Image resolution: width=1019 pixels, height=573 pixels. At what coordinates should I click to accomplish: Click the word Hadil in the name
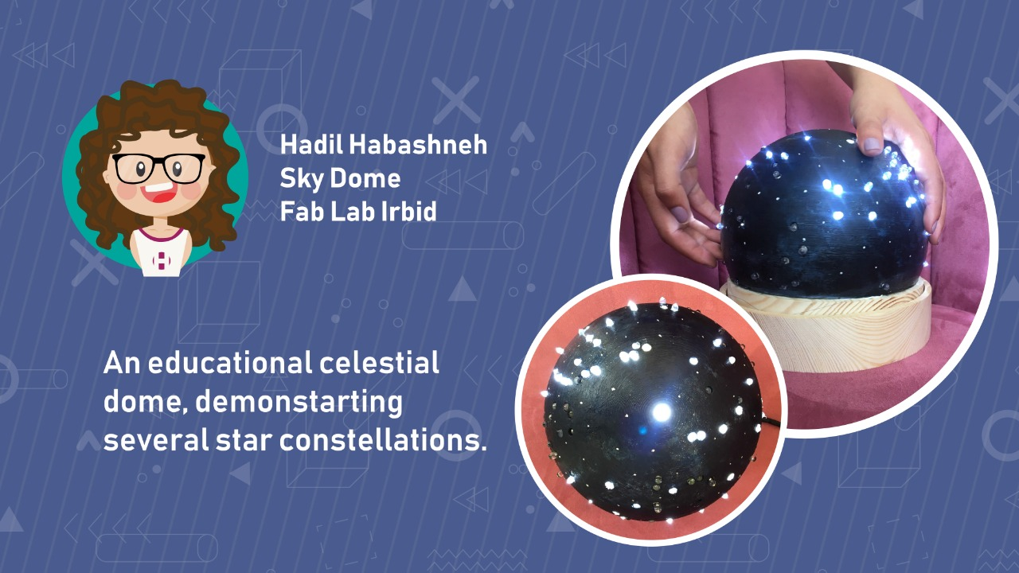pos(312,145)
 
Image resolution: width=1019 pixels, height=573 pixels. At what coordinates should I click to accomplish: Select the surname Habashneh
pos(418,145)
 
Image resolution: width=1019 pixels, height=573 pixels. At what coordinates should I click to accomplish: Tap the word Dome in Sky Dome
pos(365,177)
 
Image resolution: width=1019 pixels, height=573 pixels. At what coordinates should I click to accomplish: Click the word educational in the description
pos(230,363)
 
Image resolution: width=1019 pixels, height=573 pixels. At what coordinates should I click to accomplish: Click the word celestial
pos(379,363)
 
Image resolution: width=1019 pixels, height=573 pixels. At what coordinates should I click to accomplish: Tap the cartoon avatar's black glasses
pos(158,168)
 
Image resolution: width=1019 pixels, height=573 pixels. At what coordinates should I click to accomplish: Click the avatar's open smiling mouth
pos(158,192)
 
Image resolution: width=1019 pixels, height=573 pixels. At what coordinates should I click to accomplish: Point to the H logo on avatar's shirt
pos(161,260)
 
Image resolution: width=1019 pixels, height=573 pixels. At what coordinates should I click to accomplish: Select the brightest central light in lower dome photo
pos(661,411)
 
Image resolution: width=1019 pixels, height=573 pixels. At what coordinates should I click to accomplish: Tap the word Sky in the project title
pos(302,178)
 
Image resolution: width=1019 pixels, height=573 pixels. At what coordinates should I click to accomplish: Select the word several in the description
pos(157,440)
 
